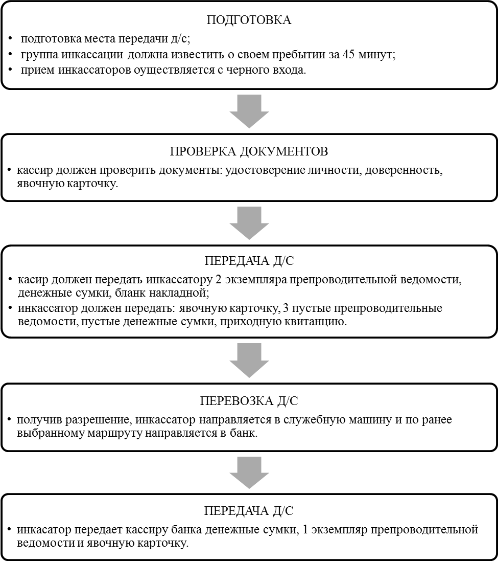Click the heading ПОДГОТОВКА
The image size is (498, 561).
pyautogui.click(x=249, y=21)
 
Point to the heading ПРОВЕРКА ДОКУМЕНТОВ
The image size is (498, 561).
pyautogui.click(x=249, y=152)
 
